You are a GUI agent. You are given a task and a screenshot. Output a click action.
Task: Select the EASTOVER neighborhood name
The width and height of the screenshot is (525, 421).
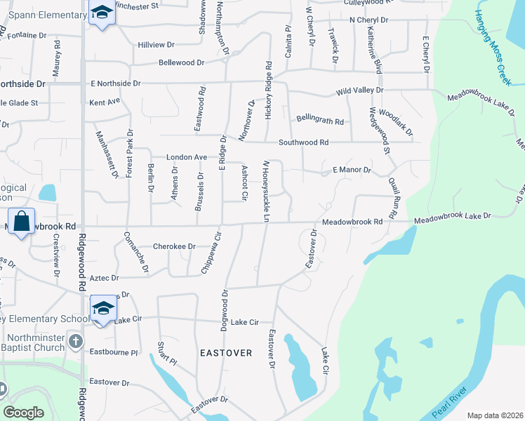coord(225,352)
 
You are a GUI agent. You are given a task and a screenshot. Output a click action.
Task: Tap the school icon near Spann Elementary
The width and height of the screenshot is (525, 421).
coord(102,13)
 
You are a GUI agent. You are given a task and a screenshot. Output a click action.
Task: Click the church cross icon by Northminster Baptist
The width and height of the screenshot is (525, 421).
coord(76,342)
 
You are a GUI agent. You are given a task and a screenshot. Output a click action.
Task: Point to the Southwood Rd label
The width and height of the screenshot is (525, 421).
coord(303,142)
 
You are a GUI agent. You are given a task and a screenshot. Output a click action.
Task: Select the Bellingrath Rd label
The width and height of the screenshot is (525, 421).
coord(319,121)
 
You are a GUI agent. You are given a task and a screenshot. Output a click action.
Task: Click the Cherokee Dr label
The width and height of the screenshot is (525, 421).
coord(172,246)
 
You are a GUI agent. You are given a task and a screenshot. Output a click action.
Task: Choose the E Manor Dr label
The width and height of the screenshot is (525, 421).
coord(351,170)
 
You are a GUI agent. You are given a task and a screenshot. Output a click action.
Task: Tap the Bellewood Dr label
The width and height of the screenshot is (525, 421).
coord(181,62)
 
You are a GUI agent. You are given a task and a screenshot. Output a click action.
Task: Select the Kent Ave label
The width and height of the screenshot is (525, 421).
coord(105,102)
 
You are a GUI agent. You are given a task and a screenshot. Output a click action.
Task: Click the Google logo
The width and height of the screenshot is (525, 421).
coord(23,413)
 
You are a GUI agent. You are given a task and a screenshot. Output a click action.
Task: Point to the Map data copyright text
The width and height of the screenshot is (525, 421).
coord(494,415)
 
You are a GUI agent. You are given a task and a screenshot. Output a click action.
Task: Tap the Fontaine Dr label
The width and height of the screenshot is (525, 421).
coord(29,34)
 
